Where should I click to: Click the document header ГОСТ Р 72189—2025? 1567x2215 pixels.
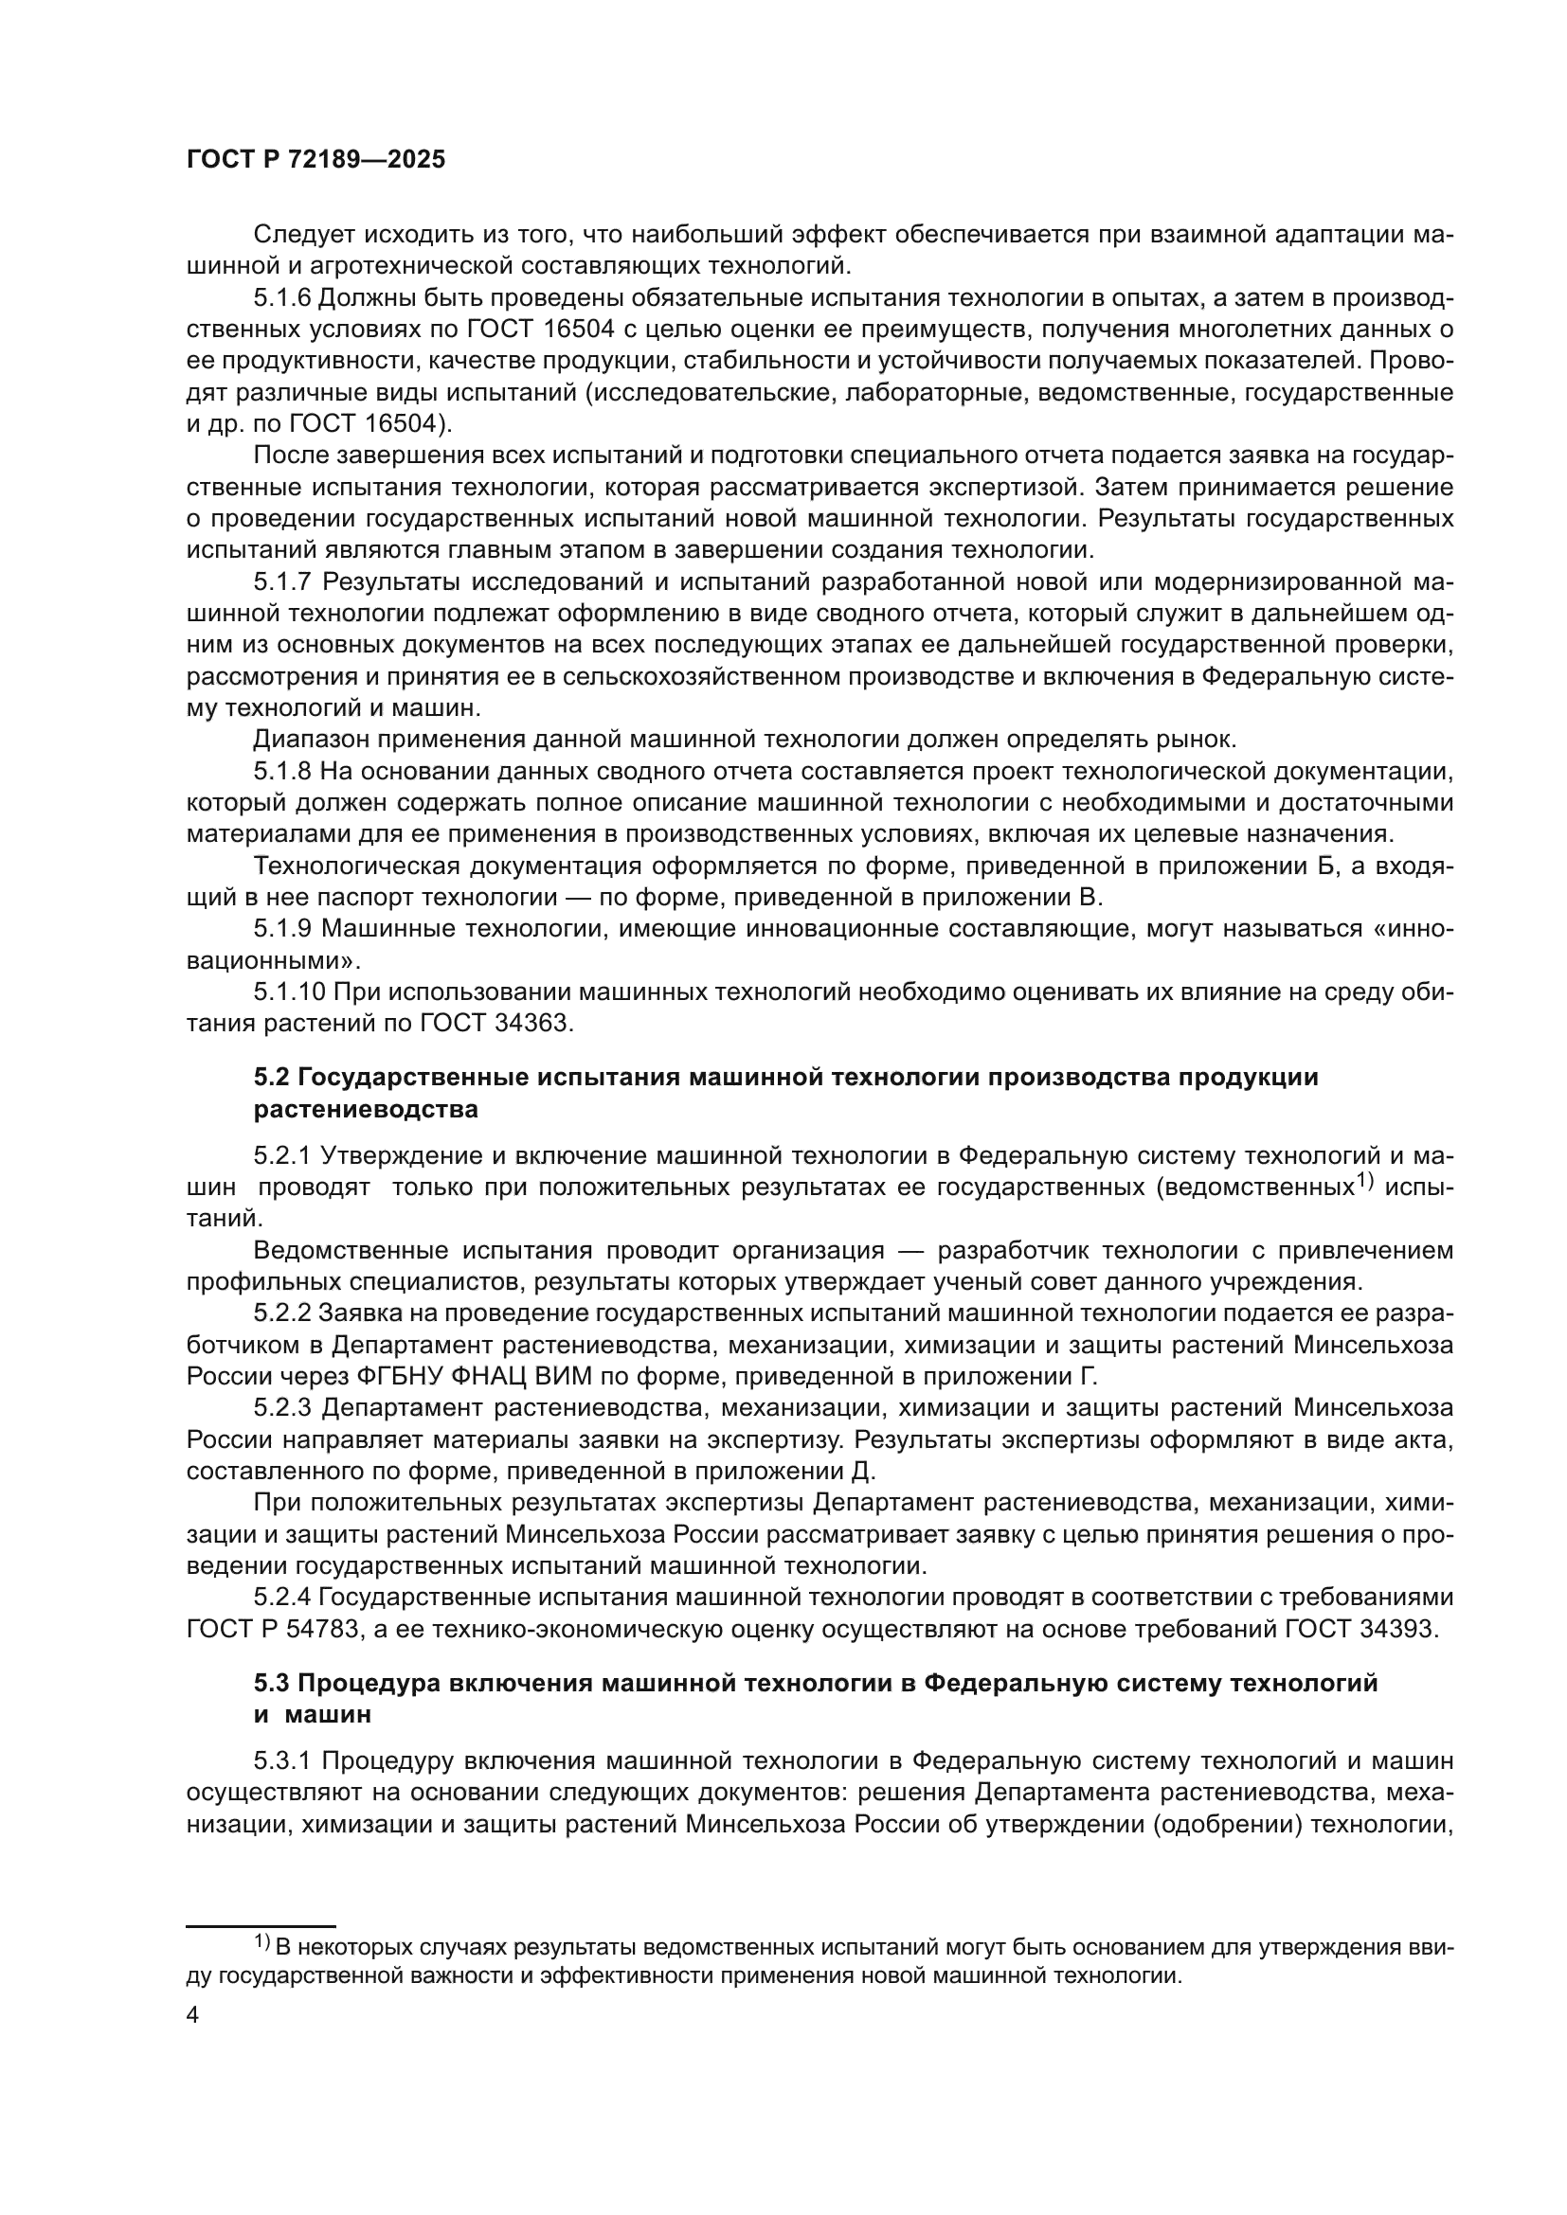pos(315,160)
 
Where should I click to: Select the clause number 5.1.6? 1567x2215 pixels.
pos(281,298)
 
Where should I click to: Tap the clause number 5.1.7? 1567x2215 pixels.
pos(281,581)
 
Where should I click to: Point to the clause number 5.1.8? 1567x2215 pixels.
pos(281,771)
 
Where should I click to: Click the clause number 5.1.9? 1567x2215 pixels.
pos(281,929)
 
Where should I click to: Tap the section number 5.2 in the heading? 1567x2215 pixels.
pos(271,1078)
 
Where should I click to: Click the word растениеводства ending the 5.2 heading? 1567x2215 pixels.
pos(366,1110)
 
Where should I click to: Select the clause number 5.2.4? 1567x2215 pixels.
pos(281,1598)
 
